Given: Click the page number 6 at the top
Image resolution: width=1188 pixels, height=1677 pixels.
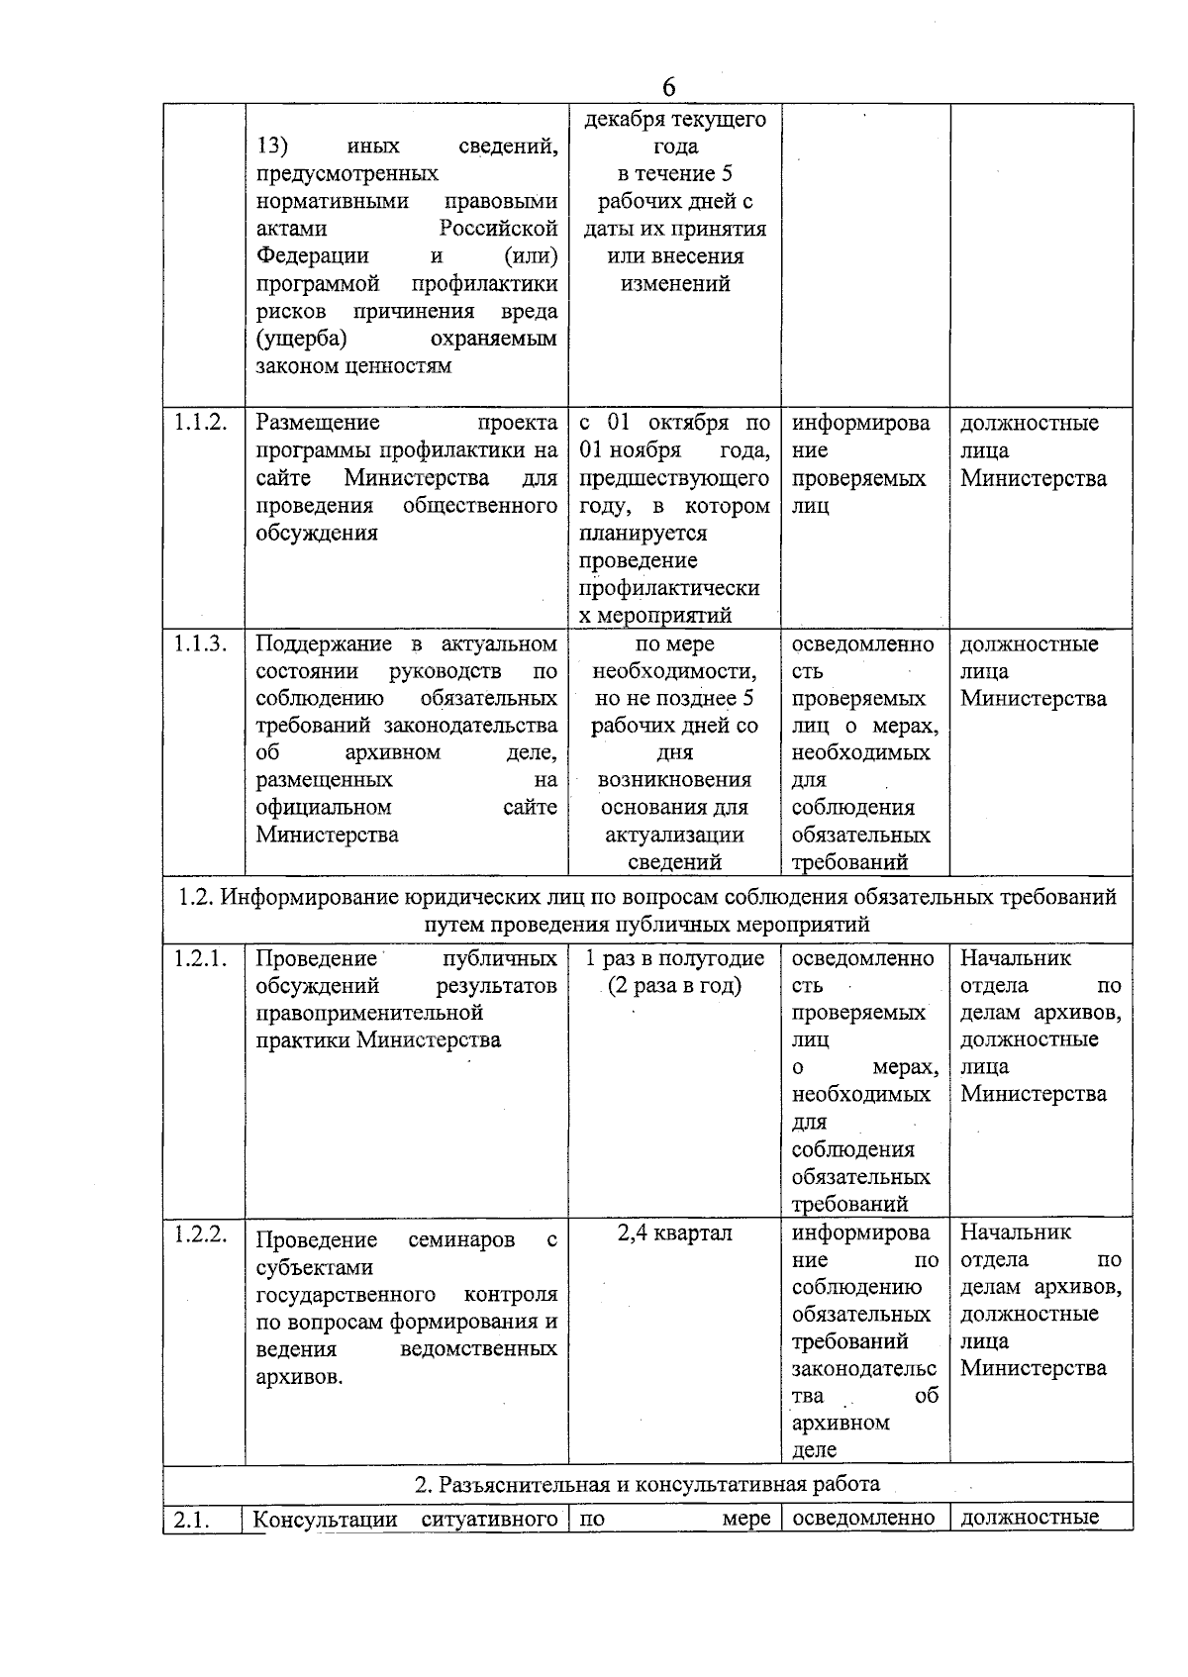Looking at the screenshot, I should pyautogui.click(x=669, y=87).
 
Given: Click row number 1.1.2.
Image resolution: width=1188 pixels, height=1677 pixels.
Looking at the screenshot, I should pyautogui.click(x=201, y=423).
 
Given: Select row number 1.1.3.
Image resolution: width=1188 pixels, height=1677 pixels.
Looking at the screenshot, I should pyautogui.click(x=201, y=643).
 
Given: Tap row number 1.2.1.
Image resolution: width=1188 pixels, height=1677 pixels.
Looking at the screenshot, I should pyautogui.click(x=201, y=958).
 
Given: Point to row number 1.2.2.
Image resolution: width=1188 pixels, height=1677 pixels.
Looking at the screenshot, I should pyautogui.click(x=201, y=1233).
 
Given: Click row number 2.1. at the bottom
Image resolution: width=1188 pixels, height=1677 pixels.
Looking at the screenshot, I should pyautogui.click(x=193, y=1520).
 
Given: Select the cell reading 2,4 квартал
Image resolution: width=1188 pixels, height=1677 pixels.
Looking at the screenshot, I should pyautogui.click(x=675, y=1233).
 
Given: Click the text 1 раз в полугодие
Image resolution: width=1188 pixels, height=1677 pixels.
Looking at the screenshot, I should pyautogui.click(x=675, y=958).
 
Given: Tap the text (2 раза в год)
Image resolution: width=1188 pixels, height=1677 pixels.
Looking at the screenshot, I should pyautogui.click(x=675, y=986).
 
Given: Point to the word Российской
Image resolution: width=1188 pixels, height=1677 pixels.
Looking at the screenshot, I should pyautogui.click(x=498, y=229).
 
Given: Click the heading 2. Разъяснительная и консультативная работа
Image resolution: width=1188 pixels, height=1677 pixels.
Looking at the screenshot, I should pyautogui.click(x=647, y=1484).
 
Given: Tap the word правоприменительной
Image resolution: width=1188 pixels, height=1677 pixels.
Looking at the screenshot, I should pyautogui.click(x=369, y=1013).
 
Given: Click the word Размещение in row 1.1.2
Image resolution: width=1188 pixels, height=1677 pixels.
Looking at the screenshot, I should pyautogui.click(x=318, y=423).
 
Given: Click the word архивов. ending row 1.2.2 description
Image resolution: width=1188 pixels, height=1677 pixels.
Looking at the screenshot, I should pyautogui.click(x=299, y=1377).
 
